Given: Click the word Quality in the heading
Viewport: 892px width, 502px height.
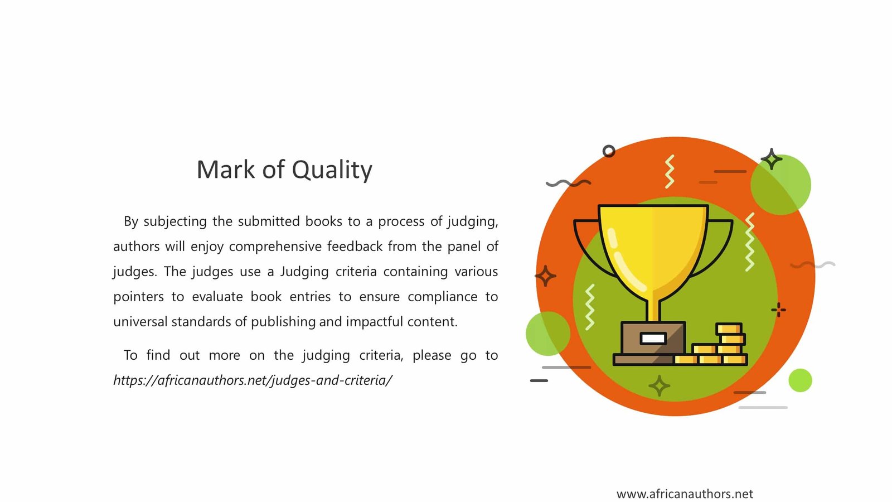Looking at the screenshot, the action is (332, 170).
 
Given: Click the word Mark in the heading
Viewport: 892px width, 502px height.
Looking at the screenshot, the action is (226, 170).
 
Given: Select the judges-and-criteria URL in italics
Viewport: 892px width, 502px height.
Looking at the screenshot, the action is (253, 380).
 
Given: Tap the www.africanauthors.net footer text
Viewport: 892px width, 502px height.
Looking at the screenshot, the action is (685, 494).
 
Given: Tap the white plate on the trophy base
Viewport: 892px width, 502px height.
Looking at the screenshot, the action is (653, 339).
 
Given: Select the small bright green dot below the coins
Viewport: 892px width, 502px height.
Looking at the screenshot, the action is (800, 380).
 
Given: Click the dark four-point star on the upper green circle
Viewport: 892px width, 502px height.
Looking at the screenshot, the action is (772, 160).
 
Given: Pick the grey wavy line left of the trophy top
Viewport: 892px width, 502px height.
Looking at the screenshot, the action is (568, 184).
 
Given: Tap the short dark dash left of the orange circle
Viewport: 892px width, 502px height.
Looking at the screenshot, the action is (539, 381).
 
